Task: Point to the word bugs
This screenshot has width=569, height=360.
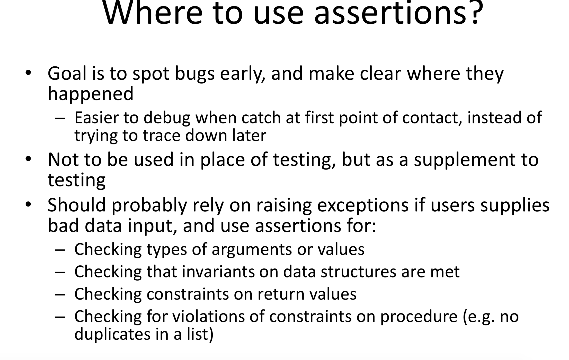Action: point(195,74)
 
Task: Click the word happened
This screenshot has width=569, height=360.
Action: point(91,94)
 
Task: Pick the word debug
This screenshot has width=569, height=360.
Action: point(167,118)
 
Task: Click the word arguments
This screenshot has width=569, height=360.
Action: point(252,249)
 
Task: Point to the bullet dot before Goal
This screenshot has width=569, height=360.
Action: point(28,73)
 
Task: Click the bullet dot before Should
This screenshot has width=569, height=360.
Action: point(28,204)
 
